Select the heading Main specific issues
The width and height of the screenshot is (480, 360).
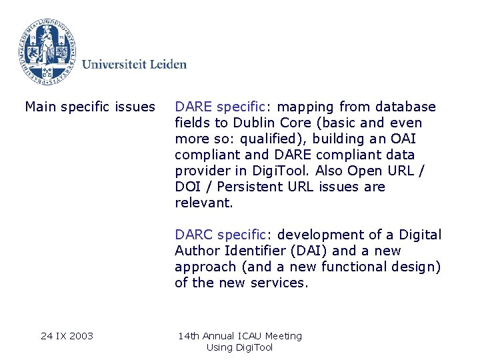pos(90,107)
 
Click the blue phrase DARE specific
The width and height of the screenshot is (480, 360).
pos(219,107)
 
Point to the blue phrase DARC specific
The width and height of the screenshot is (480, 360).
pos(219,235)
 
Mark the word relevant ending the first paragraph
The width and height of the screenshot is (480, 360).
pos(203,203)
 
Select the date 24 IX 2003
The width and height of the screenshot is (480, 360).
pos(67,336)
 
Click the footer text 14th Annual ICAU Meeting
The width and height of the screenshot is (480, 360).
pos(239,336)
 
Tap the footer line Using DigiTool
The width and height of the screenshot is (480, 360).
pos(239,347)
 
